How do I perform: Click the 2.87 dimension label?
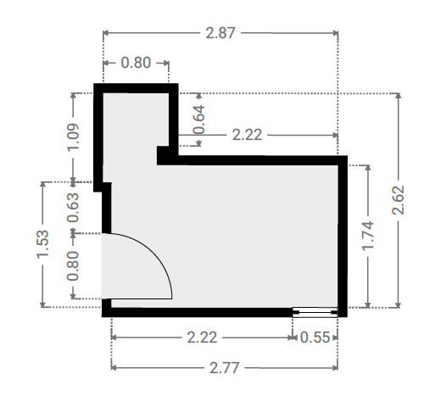[x=220, y=33]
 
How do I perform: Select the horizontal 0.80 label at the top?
[x=136, y=63]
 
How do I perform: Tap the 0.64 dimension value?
[x=199, y=120]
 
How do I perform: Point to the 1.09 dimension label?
[x=73, y=137]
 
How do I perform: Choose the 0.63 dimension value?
[x=73, y=208]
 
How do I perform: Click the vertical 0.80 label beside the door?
[x=73, y=265]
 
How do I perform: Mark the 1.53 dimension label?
[x=43, y=244]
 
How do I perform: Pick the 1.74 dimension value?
[x=368, y=236]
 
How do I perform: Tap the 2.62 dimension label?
[x=399, y=200]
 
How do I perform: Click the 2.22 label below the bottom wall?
[x=202, y=337]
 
